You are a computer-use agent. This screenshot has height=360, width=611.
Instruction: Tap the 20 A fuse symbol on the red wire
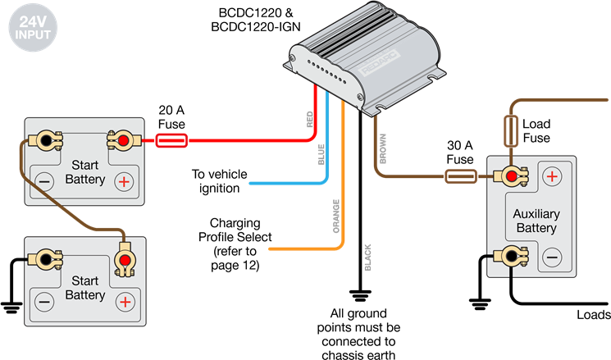pos(171,140)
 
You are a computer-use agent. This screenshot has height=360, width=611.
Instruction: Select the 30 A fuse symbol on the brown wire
pos(460,175)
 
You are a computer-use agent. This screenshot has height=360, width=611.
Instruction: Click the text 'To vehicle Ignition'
pos(216,181)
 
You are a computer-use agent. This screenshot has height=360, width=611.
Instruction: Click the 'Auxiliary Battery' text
pos(536,221)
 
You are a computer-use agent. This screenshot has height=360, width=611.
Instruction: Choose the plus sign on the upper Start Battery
pos(124,180)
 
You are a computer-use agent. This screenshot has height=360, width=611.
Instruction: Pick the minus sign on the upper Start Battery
pos(44,180)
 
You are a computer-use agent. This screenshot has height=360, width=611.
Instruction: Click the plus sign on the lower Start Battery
pos(124,302)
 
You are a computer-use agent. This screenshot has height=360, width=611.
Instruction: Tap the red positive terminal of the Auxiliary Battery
pos(511,175)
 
